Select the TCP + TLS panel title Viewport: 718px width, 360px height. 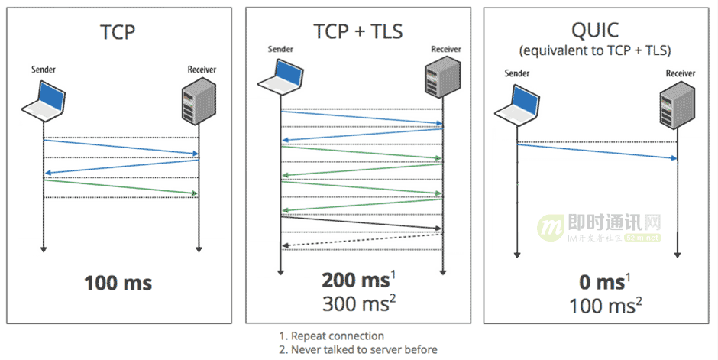pos(357,31)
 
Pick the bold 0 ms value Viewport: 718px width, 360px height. pos(600,282)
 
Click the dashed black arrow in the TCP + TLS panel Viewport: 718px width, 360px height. pos(362,240)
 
